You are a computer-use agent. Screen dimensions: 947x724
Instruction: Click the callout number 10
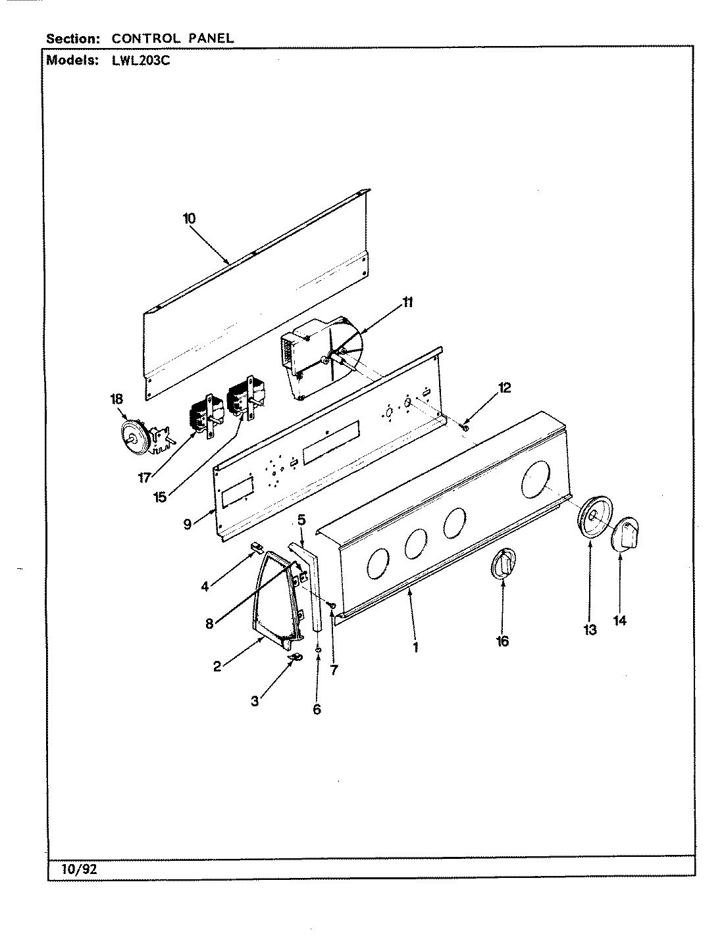pyautogui.click(x=190, y=219)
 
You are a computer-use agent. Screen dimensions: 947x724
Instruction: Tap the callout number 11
pyautogui.click(x=408, y=302)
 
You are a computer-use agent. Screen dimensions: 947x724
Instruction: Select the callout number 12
pyautogui.click(x=504, y=387)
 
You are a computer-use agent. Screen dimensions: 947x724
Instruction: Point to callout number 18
pyautogui.click(x=116, y=399)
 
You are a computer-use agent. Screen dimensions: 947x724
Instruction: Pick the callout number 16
pyautogui.click(x=502, y=641)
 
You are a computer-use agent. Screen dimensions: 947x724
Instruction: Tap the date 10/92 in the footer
pyautogui.click(x=82, y=868)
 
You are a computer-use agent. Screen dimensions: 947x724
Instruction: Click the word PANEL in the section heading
pyautogui.click(x=210, y=38)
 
